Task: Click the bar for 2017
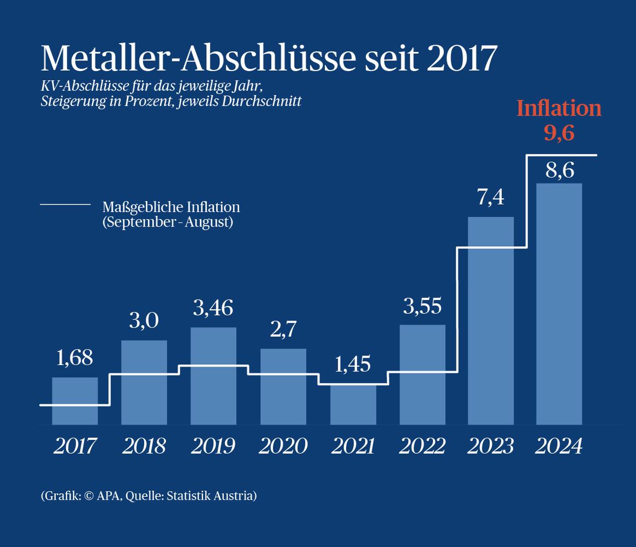75,401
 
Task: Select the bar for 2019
214,376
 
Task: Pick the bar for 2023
491,321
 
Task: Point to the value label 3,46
214,308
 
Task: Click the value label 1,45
353,366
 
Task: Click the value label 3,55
422,306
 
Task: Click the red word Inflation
559,109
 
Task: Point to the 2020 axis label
283,446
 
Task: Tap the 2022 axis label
422,446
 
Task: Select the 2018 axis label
144,446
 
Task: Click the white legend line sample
65,204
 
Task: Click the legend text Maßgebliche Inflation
171,207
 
